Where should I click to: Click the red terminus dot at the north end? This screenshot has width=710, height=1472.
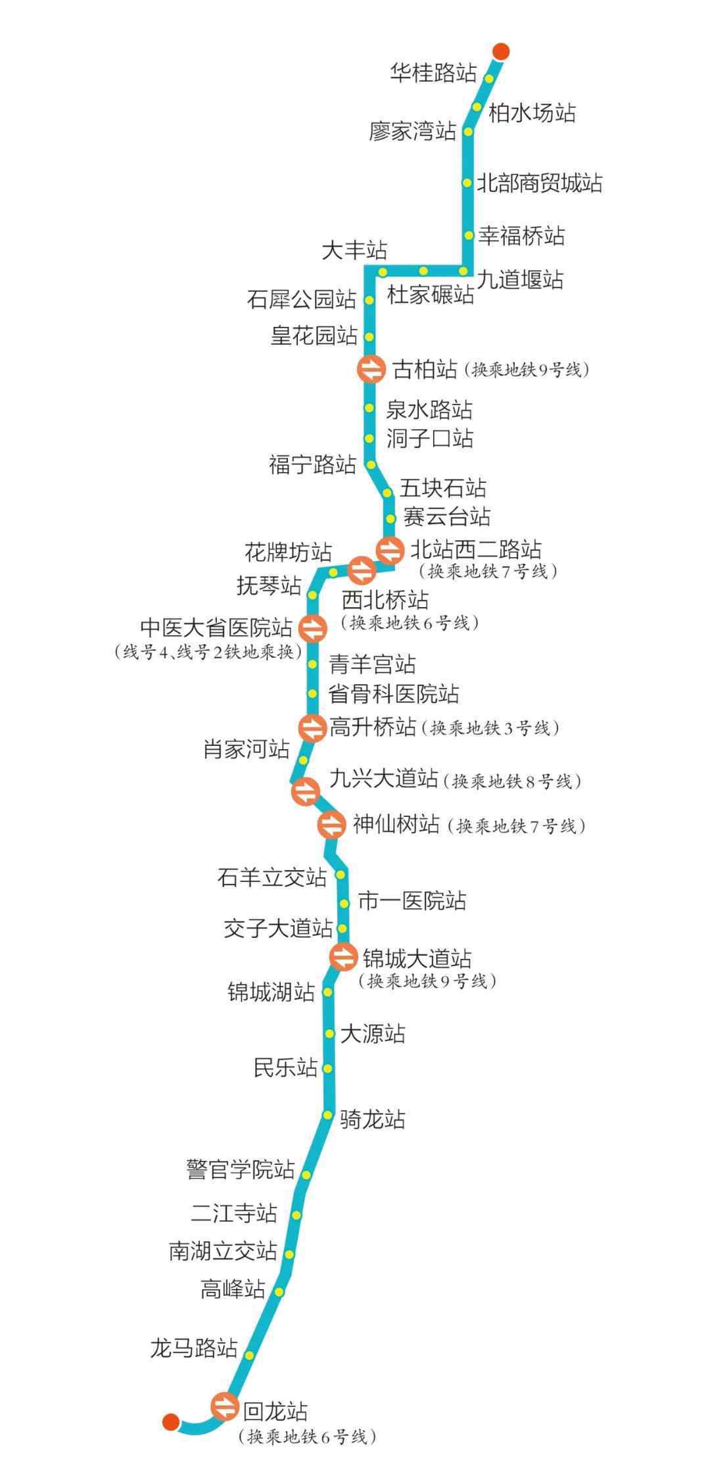pos(501,51)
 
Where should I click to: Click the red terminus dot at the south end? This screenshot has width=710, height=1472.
pos(171,1421)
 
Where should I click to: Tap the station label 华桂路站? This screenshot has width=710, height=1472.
pos(433,73)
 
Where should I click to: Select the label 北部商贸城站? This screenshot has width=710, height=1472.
pos(539,183)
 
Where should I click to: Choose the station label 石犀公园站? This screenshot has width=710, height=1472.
pos(302,299)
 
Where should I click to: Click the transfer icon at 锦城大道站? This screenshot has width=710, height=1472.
pos(343,956)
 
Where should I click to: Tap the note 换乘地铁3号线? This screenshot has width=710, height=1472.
pos(490,729)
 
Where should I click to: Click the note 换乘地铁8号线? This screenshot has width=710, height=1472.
pos(511,781)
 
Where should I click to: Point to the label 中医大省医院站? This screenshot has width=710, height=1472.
pos(216,627)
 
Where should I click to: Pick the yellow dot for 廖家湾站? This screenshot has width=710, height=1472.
pos(469,132)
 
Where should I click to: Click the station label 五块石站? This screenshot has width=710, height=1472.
pos(444,488)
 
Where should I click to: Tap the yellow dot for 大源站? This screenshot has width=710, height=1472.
pos(330,1035)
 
